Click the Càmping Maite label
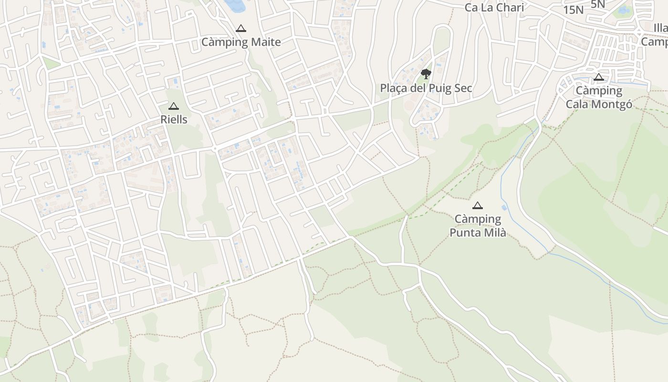pyautogui.click(x=241, y=42)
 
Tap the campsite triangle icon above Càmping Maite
pyautogui.click(x=241, y=29)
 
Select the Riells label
pyautogui.click(x=174, y=119)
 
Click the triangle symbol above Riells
pyautogui.click(x=174, y=106)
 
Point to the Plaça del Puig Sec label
pyautogui.click(x=426, y=88)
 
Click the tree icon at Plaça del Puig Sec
pyautogui.click(x=426, y=74)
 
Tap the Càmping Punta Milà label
pyautogui.click(x=478, y=226)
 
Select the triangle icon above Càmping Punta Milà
pyautogui.click(x=477, y=206)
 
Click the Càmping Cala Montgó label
pyautogui.click(x=599, y=97)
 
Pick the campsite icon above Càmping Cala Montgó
pyautogui.click(x=599, y=77)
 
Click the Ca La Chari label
pyautogui.click(x=494, y=8)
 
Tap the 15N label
pyautogui.click(x=573, y=10)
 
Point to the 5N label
pyautogui.click(x=597, y=4)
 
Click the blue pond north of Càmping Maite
pyautogui.click(x=234, y=5)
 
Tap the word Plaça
pyautogui.click(x=395, y=88)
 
